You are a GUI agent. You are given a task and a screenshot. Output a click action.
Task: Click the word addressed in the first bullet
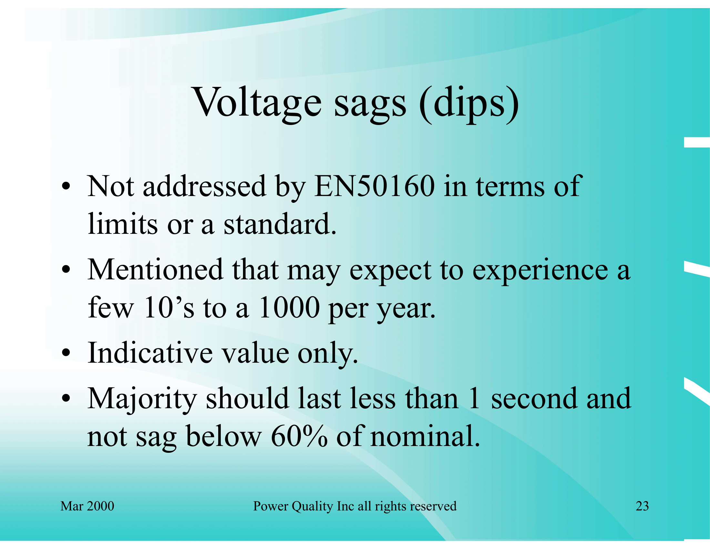(x=205, y=186)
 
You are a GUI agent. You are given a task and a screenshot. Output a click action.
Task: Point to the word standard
(x=280, y=224)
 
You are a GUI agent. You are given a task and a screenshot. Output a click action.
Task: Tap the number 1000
(x=290, y=308)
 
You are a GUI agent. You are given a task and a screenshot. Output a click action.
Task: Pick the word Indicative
(x=150, y=353)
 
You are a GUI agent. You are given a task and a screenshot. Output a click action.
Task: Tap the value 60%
(x=299, y=436)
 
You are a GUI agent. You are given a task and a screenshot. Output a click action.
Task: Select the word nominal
(x=425, y=436)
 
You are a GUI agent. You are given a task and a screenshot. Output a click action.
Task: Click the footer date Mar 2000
(x=87, y=506)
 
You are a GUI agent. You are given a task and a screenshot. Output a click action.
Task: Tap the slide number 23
(x=642, y=506)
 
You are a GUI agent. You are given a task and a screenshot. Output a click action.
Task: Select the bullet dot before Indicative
(x=66, y=353)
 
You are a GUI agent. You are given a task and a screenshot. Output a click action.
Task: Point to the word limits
(x=123, y=224)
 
